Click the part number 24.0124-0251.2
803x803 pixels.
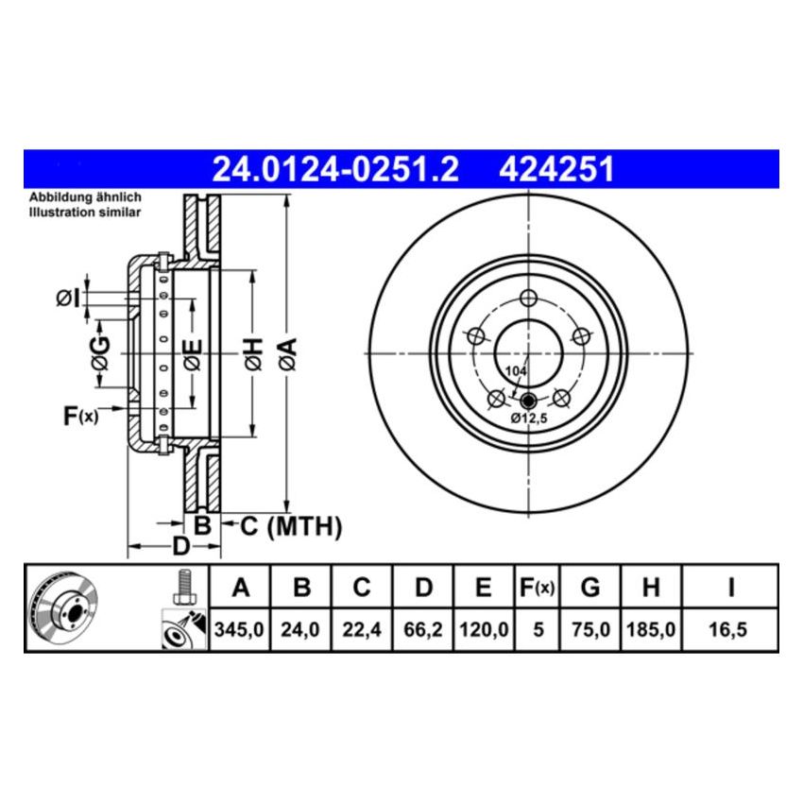pos(334,169)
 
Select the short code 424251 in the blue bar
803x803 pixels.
pos(556,169)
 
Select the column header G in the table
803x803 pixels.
pos(589,588)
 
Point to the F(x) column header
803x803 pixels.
pos(538,588)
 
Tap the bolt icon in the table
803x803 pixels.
pos(183,586)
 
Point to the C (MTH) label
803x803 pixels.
pos(282,526)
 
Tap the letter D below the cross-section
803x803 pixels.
pos(180,547)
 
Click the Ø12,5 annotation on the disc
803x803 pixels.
pos(530,418)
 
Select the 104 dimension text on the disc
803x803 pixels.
pos(514,371)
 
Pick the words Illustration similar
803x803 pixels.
pos(84,213)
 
